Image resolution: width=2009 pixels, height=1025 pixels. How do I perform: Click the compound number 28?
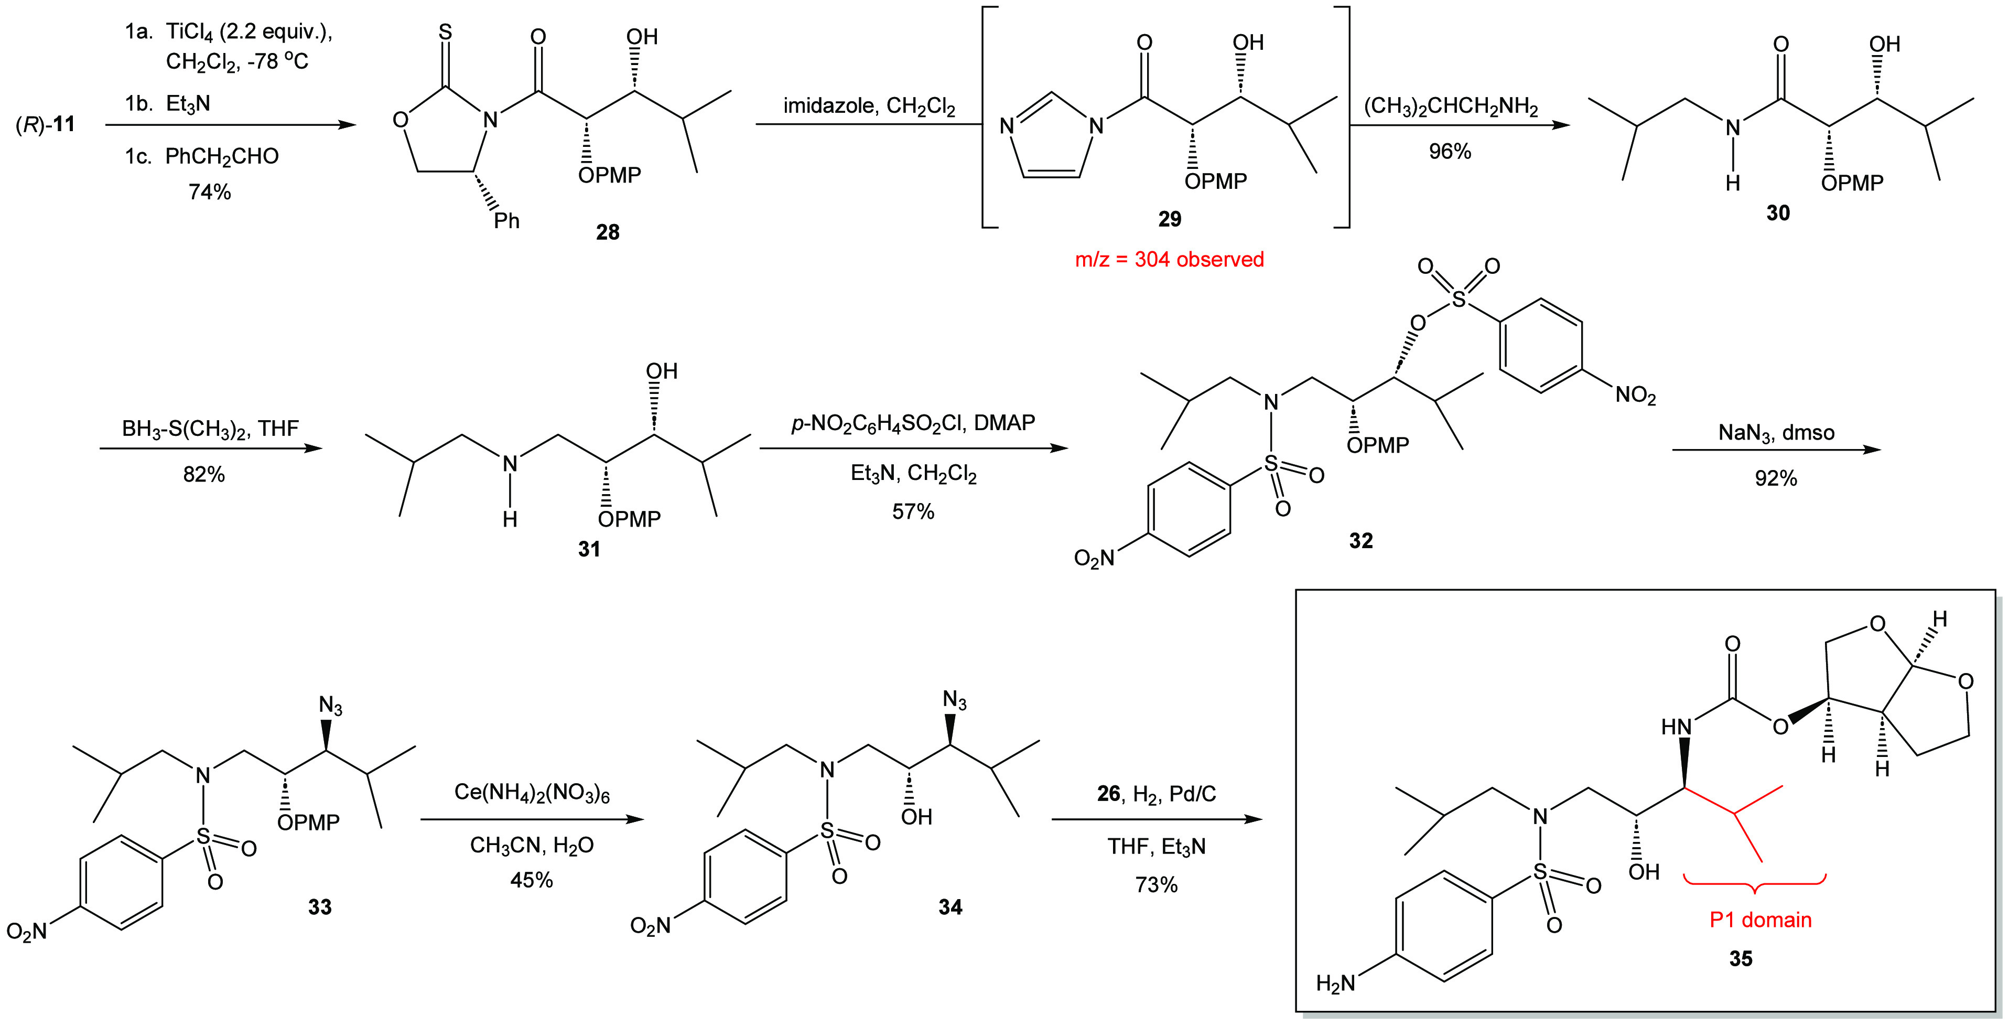pyautogui.click(x=608, y=232)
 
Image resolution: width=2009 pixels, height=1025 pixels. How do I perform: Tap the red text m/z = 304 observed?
pyautogui.click(x=1169, y=260)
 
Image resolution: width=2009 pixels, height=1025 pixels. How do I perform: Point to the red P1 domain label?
pyautogui.click(x=1760, y=920)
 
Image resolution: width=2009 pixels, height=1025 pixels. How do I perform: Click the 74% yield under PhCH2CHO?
pyautogui.click(x=209, y=192)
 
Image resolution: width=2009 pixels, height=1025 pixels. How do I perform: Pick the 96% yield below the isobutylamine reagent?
pyautogui.click(x=1450, y=151)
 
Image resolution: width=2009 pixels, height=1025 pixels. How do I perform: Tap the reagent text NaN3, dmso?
pyautogui.click(x=1776, y=432)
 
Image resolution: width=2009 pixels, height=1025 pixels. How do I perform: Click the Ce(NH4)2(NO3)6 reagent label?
pyautogui.click(x=532, y=793)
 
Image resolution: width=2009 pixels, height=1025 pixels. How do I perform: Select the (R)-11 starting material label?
pyautogui.click(x=45, y=124)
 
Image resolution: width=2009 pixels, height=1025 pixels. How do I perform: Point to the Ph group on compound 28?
pyautogui.click(x=506, y=221)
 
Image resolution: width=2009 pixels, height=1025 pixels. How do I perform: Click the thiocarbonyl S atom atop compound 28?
pyautogui.click(x=445, y=32)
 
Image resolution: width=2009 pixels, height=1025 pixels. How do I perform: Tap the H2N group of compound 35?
pyautogui.click(x=1335, y=984)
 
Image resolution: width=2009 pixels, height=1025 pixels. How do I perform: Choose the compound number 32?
pyautogui.click(x=1361, y=541)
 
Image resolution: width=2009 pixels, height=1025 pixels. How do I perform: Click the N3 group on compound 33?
pyautogui.click(x=331, y=707)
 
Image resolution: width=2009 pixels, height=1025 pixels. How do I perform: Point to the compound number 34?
pyautogui.click(x=950, y=906)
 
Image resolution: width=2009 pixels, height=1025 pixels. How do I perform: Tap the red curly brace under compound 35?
pyautogui.click(x=1754, y=884)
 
